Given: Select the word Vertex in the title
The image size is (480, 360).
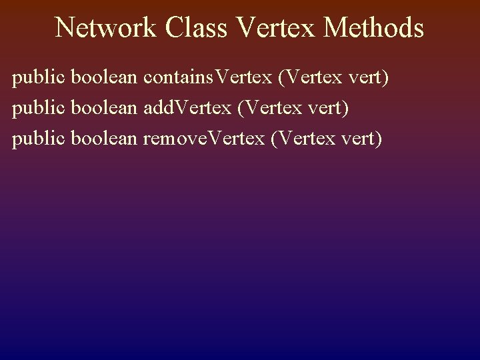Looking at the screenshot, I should point(268,28).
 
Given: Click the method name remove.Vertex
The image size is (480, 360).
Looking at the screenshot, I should point(204,138).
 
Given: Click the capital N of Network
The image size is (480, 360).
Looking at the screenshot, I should point(65,28).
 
